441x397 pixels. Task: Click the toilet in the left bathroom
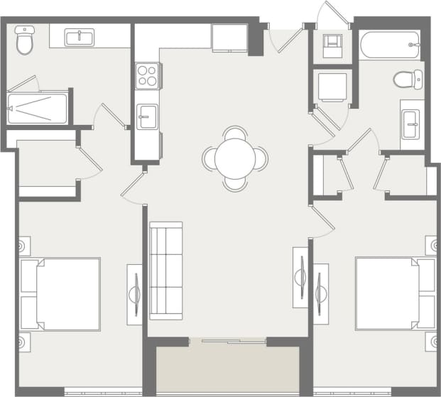point(26,41)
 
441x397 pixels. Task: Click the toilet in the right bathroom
point(408,79)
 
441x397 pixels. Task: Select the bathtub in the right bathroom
point(390,45)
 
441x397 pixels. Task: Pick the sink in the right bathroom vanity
point(412,125)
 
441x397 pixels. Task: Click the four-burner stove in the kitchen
point(147,75)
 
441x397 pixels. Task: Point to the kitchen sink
point(148,116)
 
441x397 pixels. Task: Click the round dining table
point(235,158)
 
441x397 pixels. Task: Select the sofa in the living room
point(165,270)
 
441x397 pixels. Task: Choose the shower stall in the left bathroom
point(38,109)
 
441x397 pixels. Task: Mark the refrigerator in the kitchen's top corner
point(229,38)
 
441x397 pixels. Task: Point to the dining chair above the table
point(235,133)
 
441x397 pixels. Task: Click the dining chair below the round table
point(235,183)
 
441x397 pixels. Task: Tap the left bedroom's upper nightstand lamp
point(23,246)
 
